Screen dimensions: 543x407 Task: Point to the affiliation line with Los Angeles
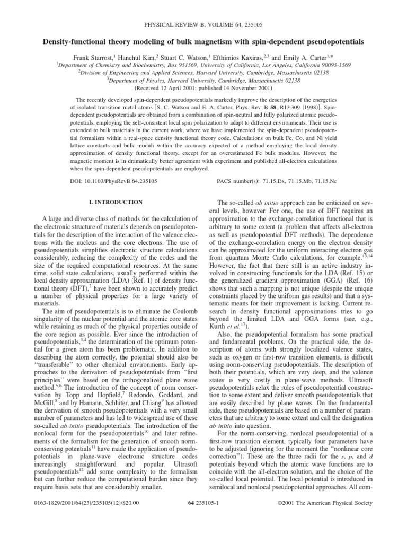point(203,62)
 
